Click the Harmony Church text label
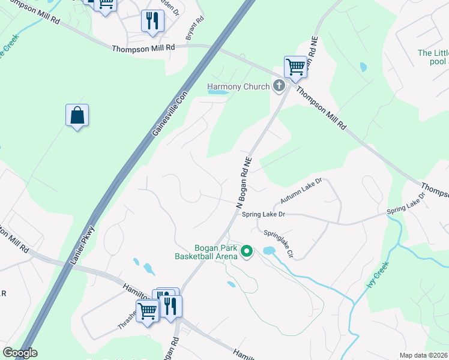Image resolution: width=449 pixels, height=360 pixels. (x=238, y=86)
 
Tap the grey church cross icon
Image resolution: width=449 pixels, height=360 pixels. (x=279, y=86)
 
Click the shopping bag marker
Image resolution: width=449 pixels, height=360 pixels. (x=77, y=115)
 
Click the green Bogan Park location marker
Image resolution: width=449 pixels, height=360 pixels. (x=247, y=252)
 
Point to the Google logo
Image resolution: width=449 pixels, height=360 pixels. (x=19, y=353)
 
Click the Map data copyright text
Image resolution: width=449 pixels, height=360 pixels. (x=423, y=355)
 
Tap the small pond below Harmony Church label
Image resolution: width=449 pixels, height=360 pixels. (x=218, y=93)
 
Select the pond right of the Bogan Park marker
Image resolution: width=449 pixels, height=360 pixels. (x=268, y=250)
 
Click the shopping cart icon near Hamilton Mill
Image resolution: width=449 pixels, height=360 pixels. (x=148, y=311)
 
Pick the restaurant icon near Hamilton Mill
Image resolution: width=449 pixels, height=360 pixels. (x=170, y=305)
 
